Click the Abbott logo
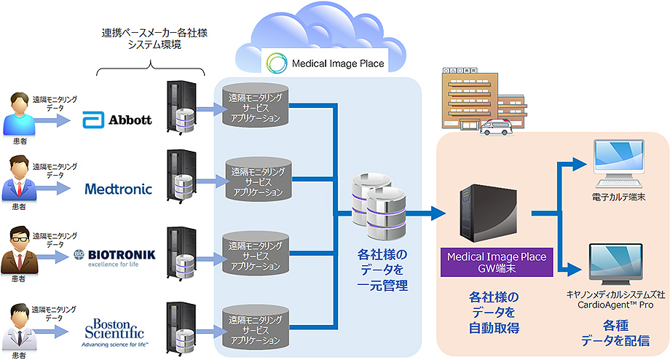pyautogui.click(x=117, y=119)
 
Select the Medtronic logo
pyautogui.click(x=118, y=189)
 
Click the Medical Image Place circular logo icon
pyautogui.click(x=277, y=63)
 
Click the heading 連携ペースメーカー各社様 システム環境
pyautogui.click(x=151, y=39)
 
